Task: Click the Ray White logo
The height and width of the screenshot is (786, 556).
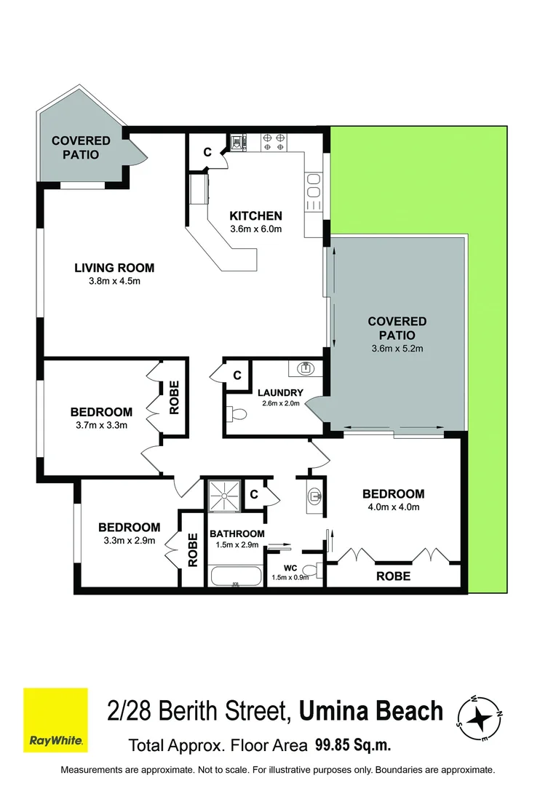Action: coord(55,720)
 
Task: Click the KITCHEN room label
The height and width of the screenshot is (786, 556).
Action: coord(255,215)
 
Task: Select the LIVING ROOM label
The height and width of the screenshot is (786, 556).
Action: coord(114,268)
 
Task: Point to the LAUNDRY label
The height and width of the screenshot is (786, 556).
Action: coord(280,393)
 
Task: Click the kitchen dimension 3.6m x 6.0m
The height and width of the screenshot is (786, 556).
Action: coord(255,229)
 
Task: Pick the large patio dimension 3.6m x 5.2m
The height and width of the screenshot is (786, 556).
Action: coord(397,349)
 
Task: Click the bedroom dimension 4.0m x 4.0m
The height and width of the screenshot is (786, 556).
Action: coord(393,507)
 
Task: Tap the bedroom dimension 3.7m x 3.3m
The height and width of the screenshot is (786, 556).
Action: coord(101,425)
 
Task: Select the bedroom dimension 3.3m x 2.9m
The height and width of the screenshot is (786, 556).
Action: coord(129,541)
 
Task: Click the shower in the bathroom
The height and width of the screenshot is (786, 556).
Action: coord(224,496)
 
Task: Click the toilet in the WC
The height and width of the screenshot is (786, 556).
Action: coord(311,569)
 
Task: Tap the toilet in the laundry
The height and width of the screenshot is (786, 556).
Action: coord(237,414)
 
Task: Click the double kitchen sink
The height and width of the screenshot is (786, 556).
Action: coord(314,186)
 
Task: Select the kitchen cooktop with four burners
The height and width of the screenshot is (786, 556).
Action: coord(272,141)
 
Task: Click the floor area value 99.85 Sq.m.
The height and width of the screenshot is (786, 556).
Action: coord(353,745)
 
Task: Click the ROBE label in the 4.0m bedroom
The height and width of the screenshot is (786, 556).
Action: coord(392,576)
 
